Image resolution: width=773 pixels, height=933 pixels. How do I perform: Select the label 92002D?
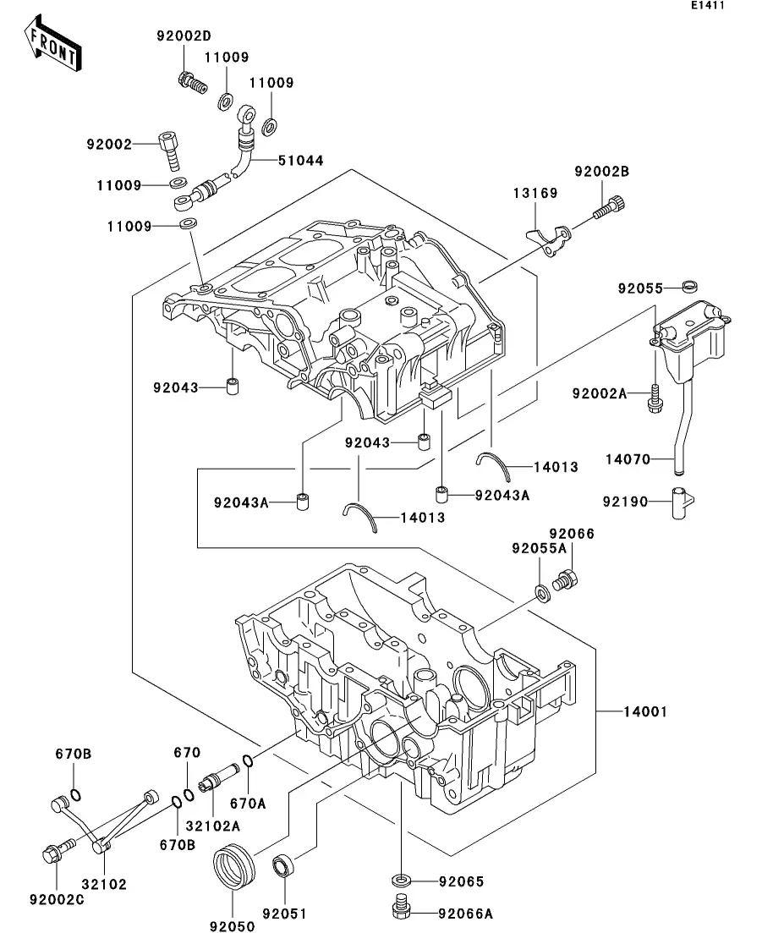point(184,36)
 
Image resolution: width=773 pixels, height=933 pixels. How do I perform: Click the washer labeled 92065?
point(402,881)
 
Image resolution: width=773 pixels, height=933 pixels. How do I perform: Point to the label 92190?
point(625,502)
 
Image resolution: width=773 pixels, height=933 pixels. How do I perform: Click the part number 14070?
point(628,459)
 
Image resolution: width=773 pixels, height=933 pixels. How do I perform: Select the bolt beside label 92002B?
point(608,206)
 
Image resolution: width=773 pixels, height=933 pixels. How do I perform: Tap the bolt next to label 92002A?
point(655,398)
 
